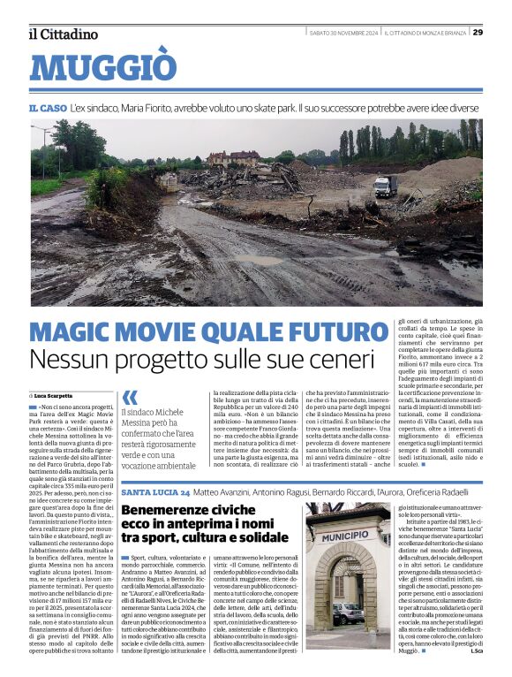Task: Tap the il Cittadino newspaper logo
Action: [63, 34]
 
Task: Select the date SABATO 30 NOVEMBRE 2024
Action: [343, 34]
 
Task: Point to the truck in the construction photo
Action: [385, 186]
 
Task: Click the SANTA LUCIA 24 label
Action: [155, 491]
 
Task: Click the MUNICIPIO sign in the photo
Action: [345, 536]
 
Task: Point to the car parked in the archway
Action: [348, 612]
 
